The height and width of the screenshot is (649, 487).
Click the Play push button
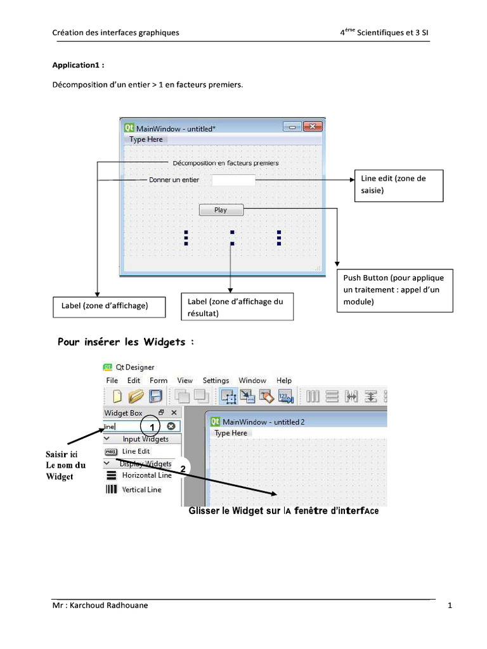click(221, 210)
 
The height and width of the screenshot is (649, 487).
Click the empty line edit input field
click(233, 180)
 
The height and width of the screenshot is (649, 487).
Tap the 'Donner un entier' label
click(173, 180)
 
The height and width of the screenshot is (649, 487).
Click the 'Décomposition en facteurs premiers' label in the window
click(225, 163)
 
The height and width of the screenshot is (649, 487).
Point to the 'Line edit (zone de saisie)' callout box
click(398, 185)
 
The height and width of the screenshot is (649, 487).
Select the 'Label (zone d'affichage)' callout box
click(109, 306)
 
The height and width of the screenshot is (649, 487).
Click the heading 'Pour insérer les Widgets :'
click(125, 342)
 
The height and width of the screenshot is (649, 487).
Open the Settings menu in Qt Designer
click(216, 380)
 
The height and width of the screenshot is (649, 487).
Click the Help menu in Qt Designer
click(284, 380)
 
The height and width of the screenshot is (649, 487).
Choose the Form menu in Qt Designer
click(159, 380)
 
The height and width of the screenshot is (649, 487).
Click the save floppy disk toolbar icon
click(155, 397)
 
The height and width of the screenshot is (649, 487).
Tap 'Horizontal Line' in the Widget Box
click(146, 475)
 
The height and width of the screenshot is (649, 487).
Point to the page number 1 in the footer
click(450, 606)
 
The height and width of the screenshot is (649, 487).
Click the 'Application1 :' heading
click(78, 65)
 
